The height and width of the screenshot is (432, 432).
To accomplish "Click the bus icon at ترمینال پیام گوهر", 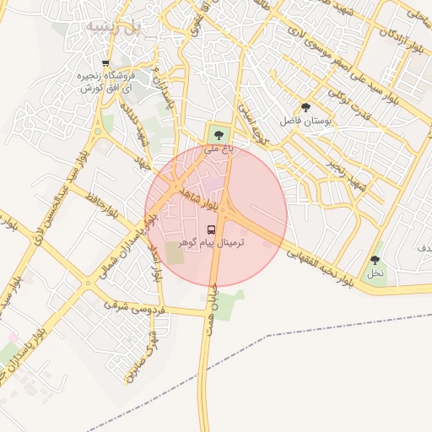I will [x=211, y=229].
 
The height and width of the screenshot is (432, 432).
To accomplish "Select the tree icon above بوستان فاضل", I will [x=305, y=107].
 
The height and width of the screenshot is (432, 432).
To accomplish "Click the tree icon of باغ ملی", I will [x=219, y=133].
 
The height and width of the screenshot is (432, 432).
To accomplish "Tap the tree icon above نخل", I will [x=375, y=260].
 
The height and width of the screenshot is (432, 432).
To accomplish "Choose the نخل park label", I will [x=375, y=273].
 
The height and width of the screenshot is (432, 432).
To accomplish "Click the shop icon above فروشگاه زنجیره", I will [x=105, y=63].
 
